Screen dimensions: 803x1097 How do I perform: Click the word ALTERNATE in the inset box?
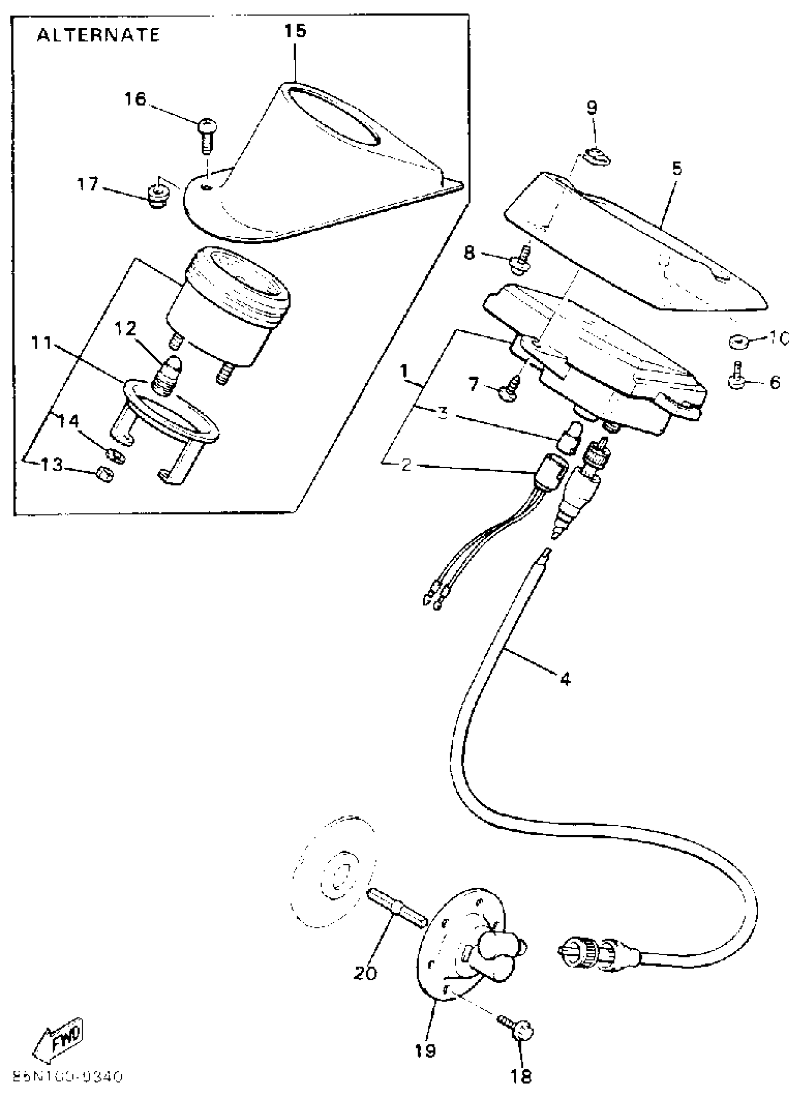click(98, 35)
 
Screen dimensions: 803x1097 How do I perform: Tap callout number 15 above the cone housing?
click(296, 31)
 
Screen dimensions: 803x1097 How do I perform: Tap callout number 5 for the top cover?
click(677, 169)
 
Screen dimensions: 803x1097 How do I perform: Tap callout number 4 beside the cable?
click(564, 678)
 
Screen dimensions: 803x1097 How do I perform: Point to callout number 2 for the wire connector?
click(407, 465)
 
